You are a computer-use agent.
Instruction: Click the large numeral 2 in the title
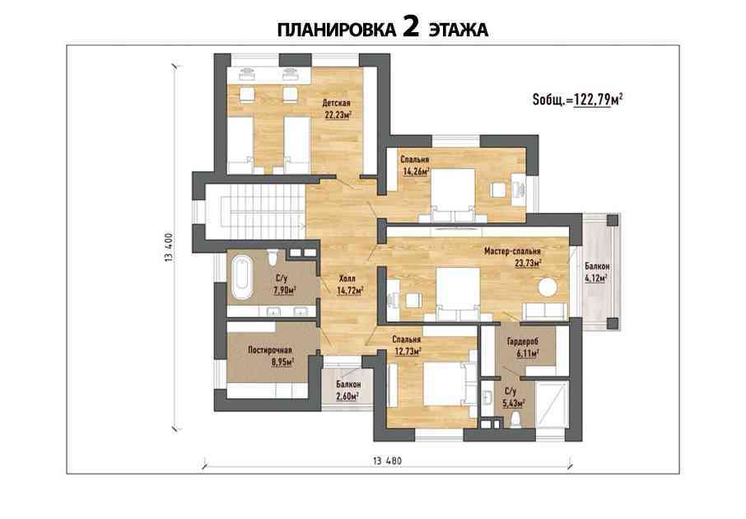coord(411,27)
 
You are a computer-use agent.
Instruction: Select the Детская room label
coord(337,103)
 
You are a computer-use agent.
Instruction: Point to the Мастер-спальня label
coord(512,251)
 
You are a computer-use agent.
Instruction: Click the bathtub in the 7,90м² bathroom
coord(242,278)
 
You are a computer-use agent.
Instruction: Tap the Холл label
coord(347,278)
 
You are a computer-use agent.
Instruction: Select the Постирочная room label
coord(270,350)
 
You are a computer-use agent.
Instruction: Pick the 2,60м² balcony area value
coord(347,395)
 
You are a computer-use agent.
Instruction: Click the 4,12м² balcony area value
coord(596,278)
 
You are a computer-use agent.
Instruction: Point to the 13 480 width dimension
coord(387,461)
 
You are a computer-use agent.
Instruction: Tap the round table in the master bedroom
coord(548,288)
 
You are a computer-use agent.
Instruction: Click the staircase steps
coord(262,212)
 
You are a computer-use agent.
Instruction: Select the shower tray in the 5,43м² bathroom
coord(552,404)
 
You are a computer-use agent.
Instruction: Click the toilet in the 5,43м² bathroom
coord(515,419)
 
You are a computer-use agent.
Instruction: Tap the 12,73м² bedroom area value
coord(408,352)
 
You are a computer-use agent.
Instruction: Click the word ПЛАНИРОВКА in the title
coord(337,30)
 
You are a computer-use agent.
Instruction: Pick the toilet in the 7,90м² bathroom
coord(273,257)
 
